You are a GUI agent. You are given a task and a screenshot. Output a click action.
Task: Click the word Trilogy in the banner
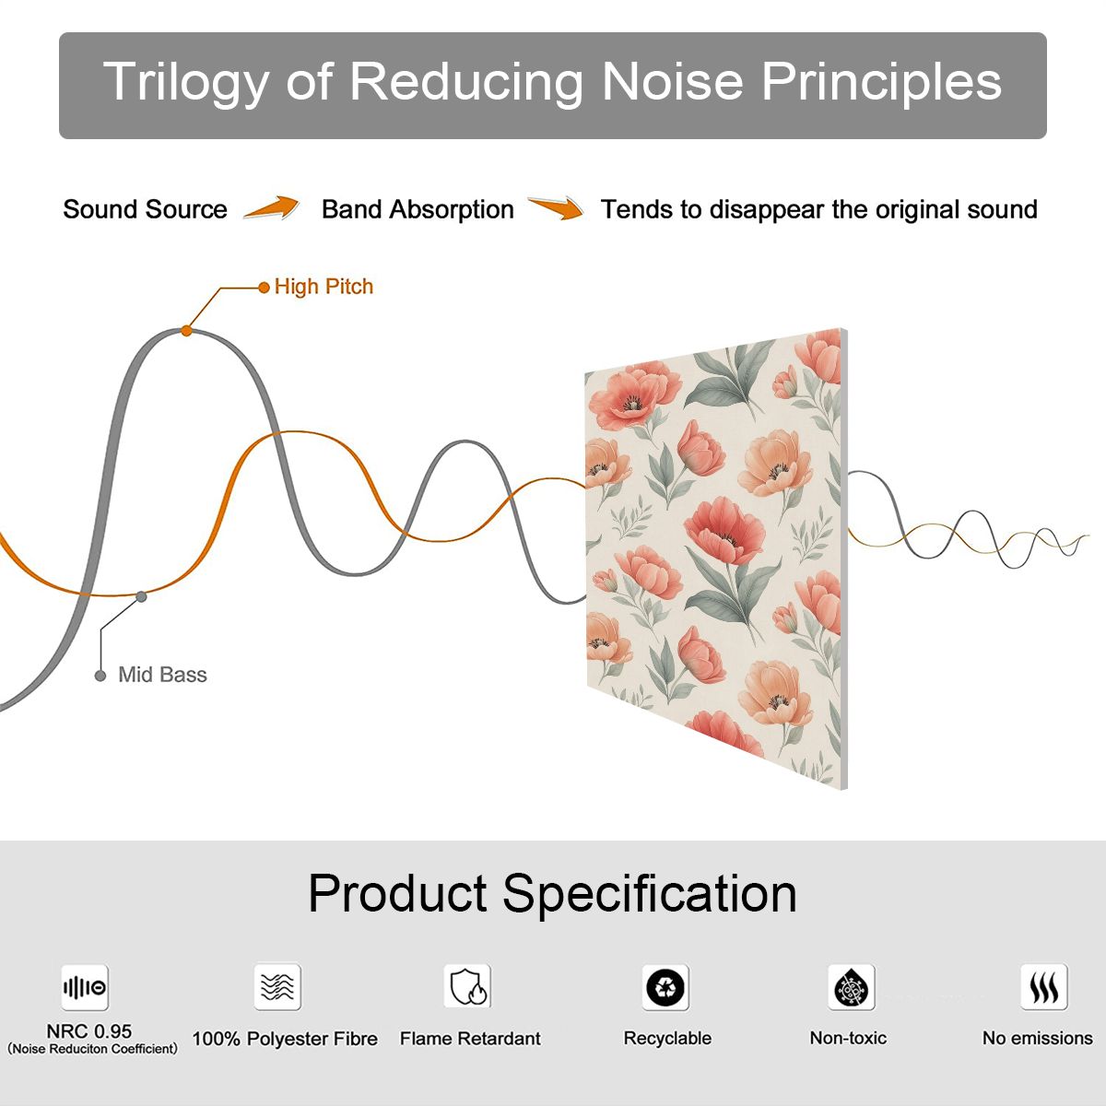tap(185, 81)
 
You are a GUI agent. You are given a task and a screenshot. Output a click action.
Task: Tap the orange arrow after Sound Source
tap(272, 207)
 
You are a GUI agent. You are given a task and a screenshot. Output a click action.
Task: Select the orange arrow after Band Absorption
tap(556, 207)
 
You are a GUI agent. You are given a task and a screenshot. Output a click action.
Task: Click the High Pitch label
tap(324, 287)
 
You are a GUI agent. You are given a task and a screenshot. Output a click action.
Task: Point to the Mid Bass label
tap(162, 675)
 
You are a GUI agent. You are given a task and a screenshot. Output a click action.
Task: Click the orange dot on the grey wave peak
tap(186, 331)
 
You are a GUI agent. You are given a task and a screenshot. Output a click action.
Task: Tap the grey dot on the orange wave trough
tap(141, 597)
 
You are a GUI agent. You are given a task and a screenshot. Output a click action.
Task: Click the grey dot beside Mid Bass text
tap(100, 676)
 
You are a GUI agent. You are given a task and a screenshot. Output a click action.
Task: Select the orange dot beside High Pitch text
tap(264, 288)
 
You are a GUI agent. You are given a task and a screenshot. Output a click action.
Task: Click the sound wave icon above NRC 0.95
tap(85, 988)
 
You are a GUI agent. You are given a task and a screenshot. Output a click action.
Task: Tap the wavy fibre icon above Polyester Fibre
tap(277, 987)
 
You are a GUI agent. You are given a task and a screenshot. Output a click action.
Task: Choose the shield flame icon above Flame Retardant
tap(467, 986)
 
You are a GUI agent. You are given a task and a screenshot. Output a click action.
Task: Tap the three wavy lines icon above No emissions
tap(1044, 987)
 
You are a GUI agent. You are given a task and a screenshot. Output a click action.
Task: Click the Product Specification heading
tap(552, 894)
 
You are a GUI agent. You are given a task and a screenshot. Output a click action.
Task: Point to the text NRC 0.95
tap(89, 1031)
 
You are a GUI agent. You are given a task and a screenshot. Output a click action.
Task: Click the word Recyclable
tap(667, 1039)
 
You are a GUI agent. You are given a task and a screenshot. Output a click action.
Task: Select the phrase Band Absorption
tap(418, 209)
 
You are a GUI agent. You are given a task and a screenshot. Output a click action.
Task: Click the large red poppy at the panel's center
tap(724, 531)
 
